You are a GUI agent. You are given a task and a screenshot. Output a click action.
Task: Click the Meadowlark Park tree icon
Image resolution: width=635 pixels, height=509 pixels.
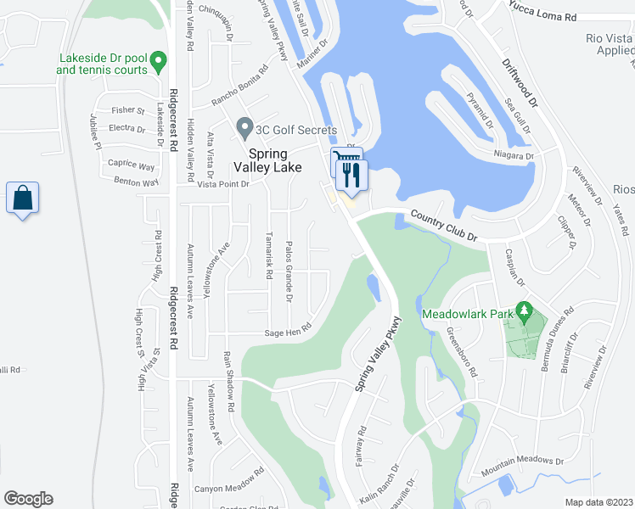tap(525, 313)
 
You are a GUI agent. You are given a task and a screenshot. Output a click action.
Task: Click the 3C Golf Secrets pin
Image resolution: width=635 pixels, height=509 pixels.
tap(245, 129)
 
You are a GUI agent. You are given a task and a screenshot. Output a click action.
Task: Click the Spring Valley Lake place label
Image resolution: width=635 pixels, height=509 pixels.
tap(274, 160)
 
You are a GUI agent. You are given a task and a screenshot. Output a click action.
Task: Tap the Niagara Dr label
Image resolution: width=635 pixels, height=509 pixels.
tap(514, 156)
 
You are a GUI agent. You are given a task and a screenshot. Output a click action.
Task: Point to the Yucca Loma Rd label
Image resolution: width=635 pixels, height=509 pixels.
tap(543, 16)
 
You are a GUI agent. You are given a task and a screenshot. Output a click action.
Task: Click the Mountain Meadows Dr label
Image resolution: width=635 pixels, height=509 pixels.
tap(522, 465)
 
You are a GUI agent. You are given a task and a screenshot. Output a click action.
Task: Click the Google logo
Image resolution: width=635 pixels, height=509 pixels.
tap(28, 499)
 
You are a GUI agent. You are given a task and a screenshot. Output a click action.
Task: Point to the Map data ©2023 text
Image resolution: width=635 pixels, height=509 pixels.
tap(598, 502)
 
